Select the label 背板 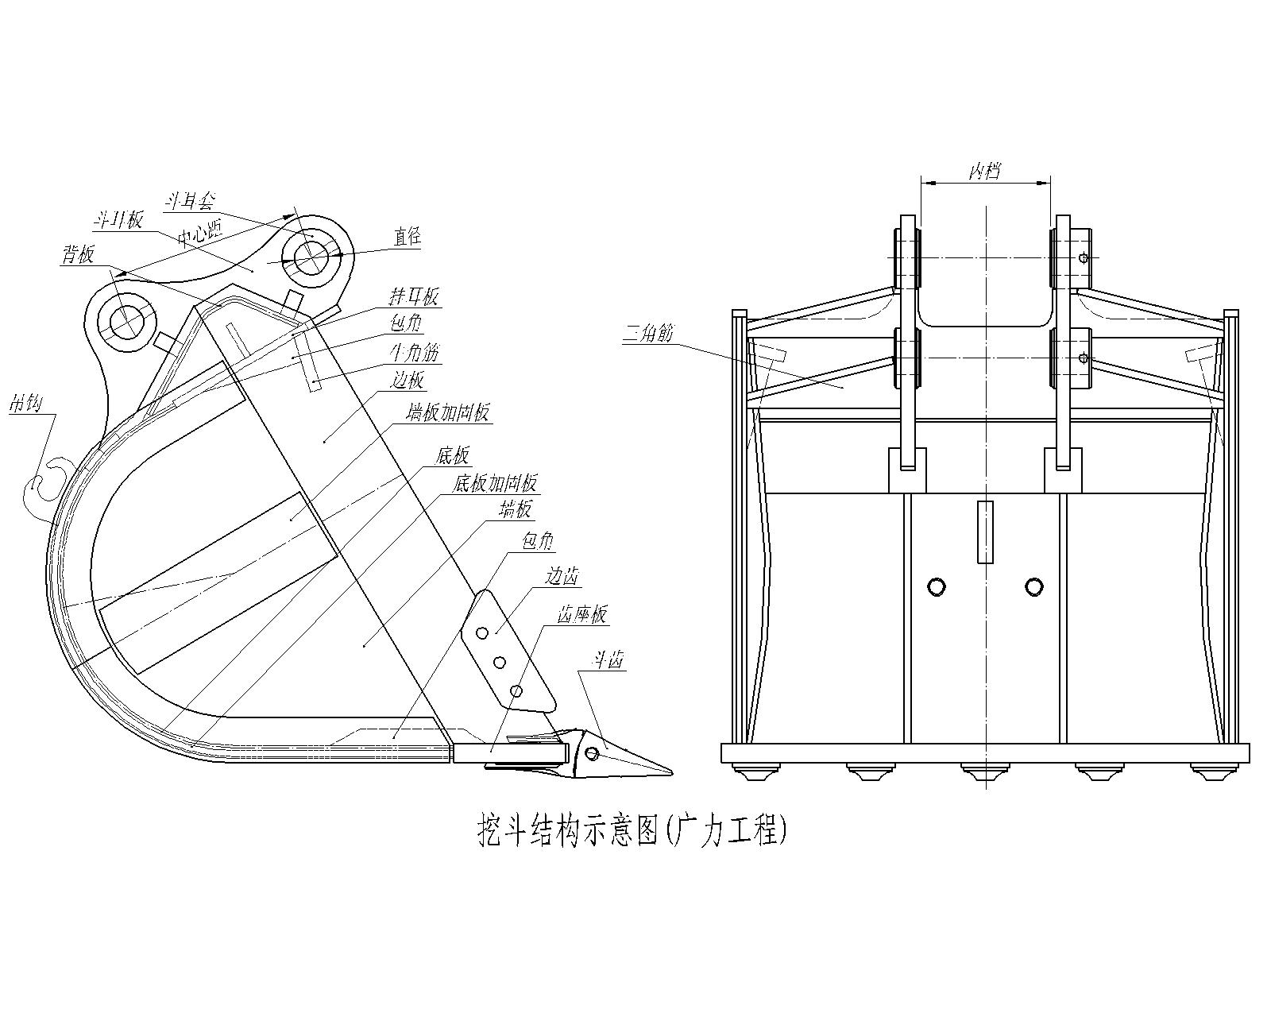pyautogui.click(x=78, y=254)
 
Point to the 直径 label pyautogui.click(x=408, y=236)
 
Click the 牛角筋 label pyautogui.click(x=413, y=351)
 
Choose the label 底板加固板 pyautogui.click(x=494, y=482)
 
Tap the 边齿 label pyautogui.click(x=561, y=576)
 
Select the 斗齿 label pyautogui.click(x=605, y=659)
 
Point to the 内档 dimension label pyautogui.click(x=984, y=171)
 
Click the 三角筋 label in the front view pyautogui.click(x=647, y=333)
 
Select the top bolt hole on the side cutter pyautogui.click(x=482, y=632)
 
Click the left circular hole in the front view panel pyautogui.click(x=937, y=586)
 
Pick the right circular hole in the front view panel pyautogui.click(x=1033, y=586)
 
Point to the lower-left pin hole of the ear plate pyautogui.click(x=126, y=321)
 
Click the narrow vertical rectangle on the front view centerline pyautogui.click(x=985, y=532)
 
